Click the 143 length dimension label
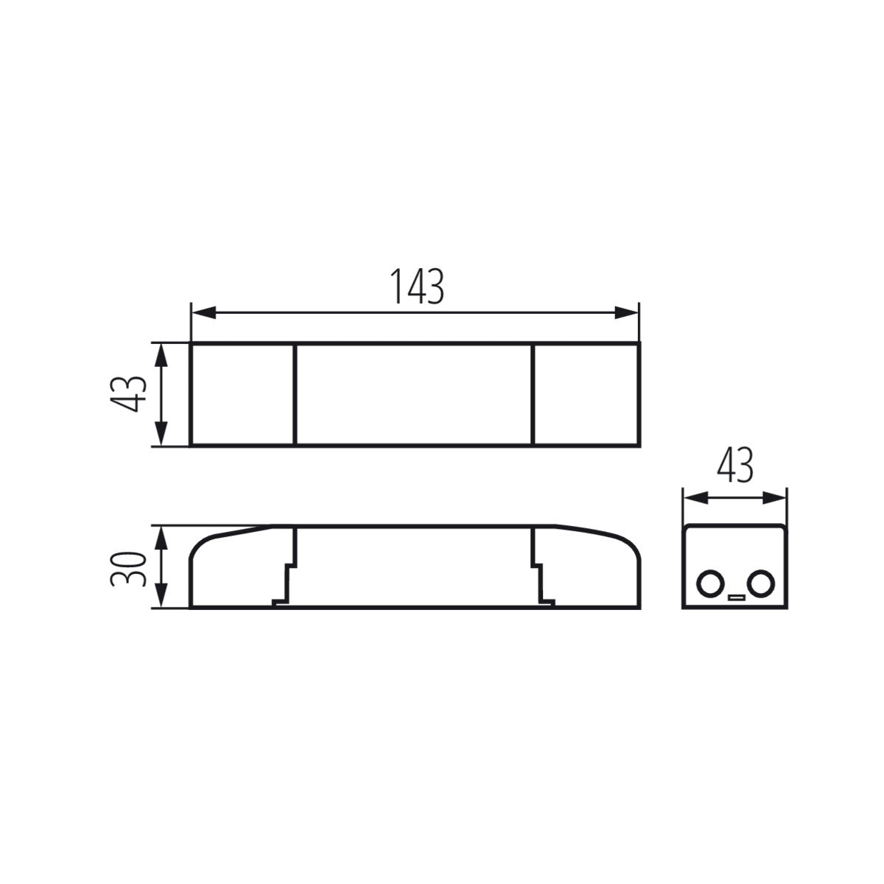point(416,287)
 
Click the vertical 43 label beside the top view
point(128,394)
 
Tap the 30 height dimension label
point(128,569)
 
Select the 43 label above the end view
point(735,465)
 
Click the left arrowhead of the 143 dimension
point(203,312)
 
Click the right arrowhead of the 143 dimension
point(627,312)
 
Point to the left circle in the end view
point(709,584)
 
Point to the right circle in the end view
point(760,584)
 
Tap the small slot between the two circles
point(735,597)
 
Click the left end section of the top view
point(242,394)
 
